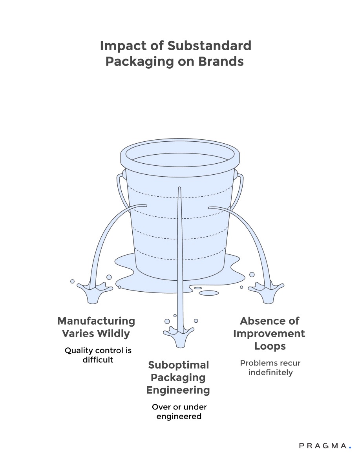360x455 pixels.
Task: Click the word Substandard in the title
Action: [209, 46]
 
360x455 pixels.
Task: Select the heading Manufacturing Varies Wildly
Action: [96, 327]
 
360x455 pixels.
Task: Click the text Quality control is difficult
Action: [98, 354]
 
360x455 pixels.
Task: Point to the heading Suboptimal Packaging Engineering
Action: [178, 377]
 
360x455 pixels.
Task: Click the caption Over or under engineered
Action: [179, 411]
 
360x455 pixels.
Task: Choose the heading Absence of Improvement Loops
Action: [269, 333]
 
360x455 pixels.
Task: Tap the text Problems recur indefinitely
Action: [270, 367]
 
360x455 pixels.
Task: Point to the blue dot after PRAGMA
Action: [350, 447]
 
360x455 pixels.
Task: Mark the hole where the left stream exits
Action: [145, 205]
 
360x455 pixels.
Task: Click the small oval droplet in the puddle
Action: [208, 292]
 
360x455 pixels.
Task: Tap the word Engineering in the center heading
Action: [178, 390]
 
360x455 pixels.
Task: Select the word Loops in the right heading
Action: [270, 346]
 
